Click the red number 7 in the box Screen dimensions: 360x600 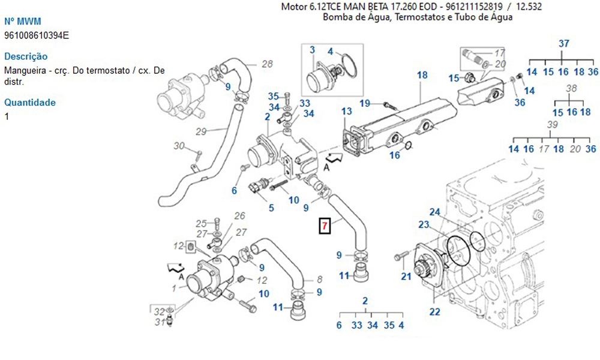point(324,226)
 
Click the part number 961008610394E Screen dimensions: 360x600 point(37,35)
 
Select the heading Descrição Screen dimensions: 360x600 point(26,56)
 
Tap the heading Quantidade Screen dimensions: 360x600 point(29,103)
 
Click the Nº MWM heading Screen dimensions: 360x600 point(23,21)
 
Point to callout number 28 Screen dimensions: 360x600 point(267,64)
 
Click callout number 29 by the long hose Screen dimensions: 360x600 point(201,131)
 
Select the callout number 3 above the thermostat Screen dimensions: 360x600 point(312,49)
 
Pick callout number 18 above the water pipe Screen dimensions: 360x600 point(422,75)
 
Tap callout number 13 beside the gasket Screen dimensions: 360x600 point(347,112)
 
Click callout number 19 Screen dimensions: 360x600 point(365,103)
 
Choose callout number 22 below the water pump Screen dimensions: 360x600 point(434,311)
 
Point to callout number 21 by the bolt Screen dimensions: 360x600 point(406,276)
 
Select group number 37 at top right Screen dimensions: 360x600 point(563,44)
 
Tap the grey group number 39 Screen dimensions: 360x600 point(553,125)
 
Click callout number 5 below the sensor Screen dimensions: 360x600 point(271,208)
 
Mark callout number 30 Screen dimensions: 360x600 point(179,146)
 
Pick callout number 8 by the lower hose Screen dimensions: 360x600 point(319,279)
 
